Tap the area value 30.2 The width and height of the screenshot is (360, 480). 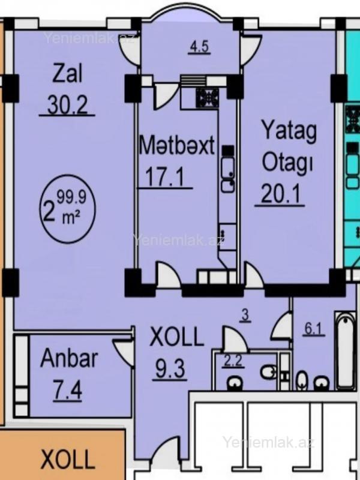tap(67, 106)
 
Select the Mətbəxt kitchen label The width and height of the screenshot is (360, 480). tap(176, 146)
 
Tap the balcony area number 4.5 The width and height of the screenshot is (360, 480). tap(199, 47)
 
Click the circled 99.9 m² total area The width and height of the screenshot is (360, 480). tap(67, 209)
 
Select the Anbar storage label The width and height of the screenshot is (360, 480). tap(69, 358)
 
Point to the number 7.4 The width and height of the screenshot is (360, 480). tap(67, 391)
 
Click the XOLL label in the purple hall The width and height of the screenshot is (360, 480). tap(176, 337)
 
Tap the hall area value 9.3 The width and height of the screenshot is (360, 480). tap(170, 368)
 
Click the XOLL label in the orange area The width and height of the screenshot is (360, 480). tap(67, 459)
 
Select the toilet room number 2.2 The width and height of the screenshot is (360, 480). tap(233, 361)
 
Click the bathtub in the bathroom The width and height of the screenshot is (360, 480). tap(346, 351)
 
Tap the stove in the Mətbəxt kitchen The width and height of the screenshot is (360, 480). tap(208, 98)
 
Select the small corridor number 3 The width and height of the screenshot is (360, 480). tap(245, 316)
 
